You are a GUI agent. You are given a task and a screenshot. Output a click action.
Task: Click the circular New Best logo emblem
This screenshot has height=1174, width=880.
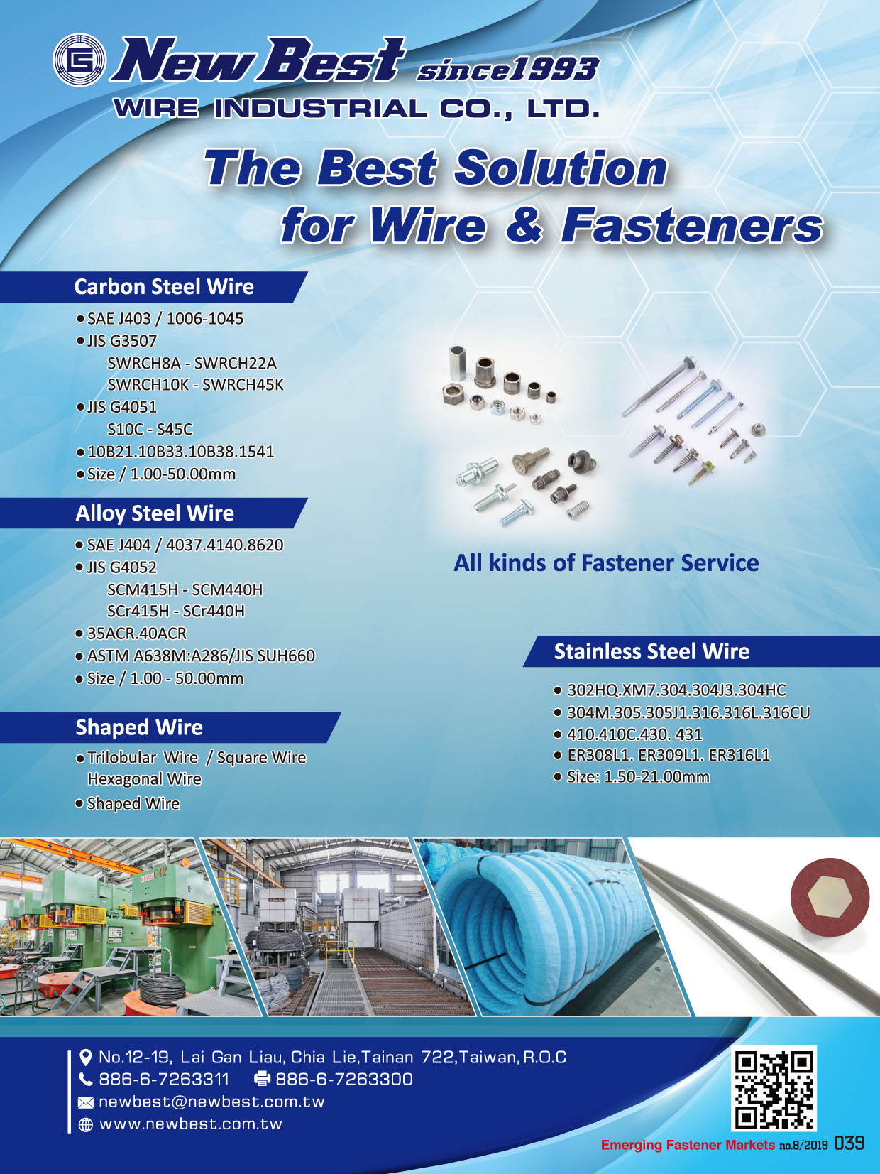(x=79, y=60)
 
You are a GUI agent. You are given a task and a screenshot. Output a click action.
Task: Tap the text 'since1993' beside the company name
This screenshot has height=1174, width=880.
(x=507, y=69)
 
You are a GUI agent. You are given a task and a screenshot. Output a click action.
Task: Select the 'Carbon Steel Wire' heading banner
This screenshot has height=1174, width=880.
(x=154, y=287)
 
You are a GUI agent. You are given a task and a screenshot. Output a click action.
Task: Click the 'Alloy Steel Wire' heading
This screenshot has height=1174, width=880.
(x=155, y=513)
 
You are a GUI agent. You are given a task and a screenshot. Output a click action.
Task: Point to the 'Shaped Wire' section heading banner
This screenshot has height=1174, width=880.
(x=170, y=727)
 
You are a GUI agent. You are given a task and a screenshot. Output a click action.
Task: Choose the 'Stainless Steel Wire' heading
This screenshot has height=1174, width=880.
(x=651, y=651)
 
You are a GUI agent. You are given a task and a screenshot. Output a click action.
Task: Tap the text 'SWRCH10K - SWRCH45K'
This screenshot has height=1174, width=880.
(x=196, y=384)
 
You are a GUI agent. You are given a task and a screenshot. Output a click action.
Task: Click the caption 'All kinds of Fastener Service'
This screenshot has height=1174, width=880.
(x=606, y=563)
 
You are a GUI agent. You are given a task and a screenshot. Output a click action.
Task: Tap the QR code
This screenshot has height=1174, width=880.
(x=774, y=1089)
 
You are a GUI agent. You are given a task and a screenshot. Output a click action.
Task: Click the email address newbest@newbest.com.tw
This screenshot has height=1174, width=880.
(x=211, y=1102)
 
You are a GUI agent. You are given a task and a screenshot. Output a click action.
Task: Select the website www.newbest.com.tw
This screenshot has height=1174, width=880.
(x=191, y=1124)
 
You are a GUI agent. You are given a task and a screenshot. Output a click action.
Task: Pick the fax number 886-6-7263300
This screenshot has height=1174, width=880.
(x=344, y=1080)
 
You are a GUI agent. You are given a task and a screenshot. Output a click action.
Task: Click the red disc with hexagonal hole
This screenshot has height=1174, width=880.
(x=829, y=901)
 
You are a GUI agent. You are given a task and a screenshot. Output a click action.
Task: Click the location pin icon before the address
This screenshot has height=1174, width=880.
(x=85, y=1057)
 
